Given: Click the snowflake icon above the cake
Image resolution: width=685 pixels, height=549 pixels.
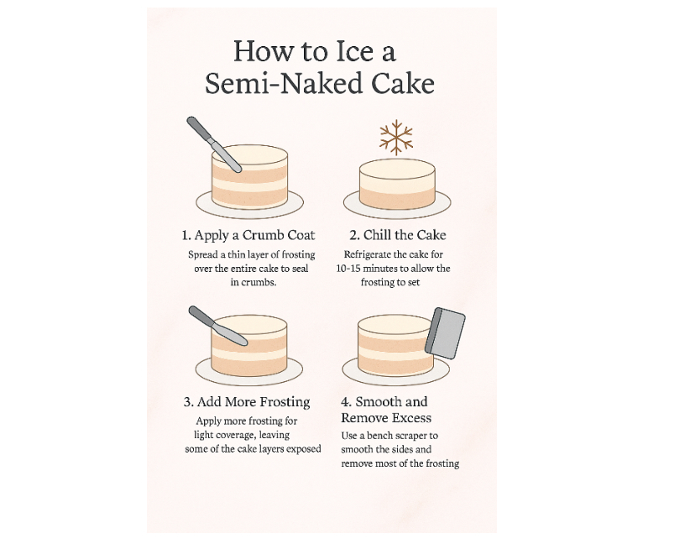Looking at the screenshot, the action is point(396,137).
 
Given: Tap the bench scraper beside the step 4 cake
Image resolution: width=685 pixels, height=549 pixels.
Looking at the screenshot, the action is point(445,332).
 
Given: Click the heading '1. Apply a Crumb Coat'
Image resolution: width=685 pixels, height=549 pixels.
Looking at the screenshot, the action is point(248,235).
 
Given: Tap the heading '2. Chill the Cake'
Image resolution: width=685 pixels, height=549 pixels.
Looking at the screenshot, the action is point(398,235).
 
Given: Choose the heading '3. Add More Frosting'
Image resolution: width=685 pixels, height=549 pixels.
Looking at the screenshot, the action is point(247,402).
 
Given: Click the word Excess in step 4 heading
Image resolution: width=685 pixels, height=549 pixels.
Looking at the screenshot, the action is point(410,418).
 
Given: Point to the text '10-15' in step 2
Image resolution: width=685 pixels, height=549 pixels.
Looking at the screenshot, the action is point(348,268).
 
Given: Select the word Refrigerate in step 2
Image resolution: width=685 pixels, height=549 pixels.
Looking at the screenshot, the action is point(368,254).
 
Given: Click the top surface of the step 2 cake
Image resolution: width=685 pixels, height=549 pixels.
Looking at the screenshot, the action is point(397,168).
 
